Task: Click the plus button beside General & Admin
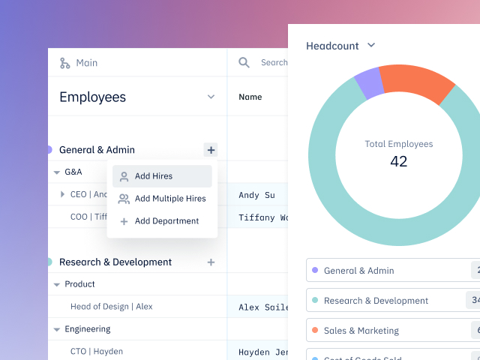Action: [211, 150]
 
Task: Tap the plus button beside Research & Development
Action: [211, 262]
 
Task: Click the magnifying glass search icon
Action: [244, 63]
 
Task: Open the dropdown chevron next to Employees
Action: [211, 97]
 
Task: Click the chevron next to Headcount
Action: [371, 46]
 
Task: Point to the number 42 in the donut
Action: [398, 160]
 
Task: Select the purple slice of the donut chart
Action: [368, 83]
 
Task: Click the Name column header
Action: [250, 97]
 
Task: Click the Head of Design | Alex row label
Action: [112, 307]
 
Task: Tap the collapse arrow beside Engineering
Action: [56, 329]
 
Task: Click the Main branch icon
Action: [65, 63]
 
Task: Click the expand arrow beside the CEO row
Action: [62, 194]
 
